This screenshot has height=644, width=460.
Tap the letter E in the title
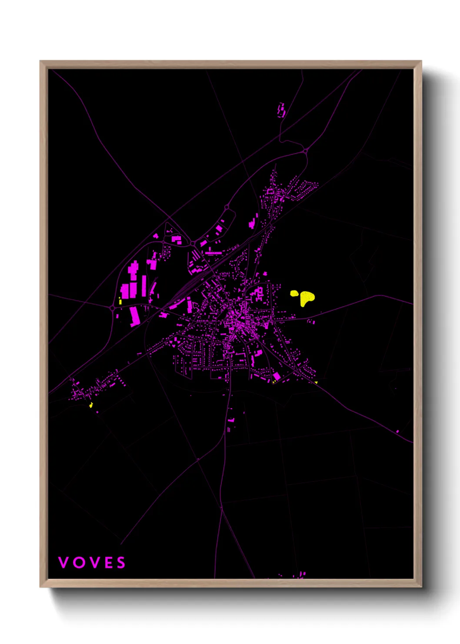point(109,563)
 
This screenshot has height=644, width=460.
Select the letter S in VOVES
point(121,563)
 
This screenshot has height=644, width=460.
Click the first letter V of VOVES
point(63,563)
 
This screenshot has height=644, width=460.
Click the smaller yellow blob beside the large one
point(294,293)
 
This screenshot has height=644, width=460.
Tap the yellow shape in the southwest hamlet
point(91,405)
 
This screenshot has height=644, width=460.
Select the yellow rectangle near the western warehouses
point(120,301)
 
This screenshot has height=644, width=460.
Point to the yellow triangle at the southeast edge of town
point(316,382)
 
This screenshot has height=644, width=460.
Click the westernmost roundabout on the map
point(113,308)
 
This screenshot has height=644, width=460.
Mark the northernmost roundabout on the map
point(306,151)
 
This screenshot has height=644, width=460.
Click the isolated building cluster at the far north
point(281,110)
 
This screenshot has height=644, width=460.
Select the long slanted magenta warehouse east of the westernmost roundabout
point(135,316)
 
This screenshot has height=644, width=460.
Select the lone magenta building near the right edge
point(397,431)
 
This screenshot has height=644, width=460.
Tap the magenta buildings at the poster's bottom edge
point(300,575)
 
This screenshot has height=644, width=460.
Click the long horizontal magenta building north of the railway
point(213,253)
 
